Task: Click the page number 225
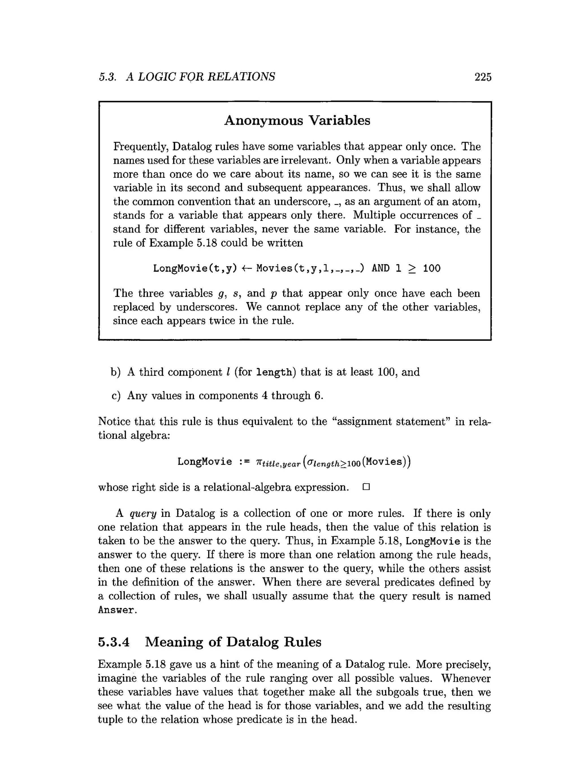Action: pos(483,77)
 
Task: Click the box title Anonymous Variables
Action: pos(297,121)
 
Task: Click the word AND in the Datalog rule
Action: pos(380,269)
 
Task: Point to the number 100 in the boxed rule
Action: pos(431,269)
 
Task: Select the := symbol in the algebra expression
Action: pos(245,462)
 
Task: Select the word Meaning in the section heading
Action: pos(174,642)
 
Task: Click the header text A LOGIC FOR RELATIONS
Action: pos(201,77)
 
